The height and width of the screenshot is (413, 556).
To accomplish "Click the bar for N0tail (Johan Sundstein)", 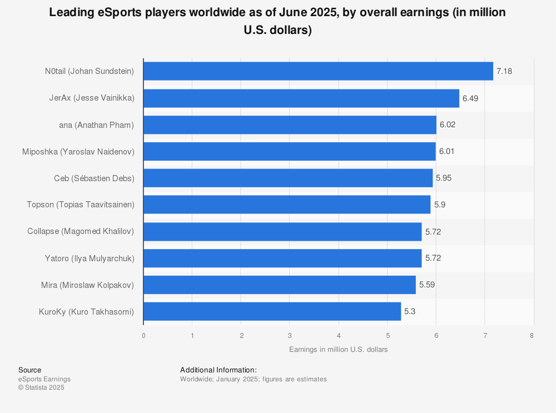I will (318, 71).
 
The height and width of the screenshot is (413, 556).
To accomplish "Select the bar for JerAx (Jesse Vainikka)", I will (301, 98).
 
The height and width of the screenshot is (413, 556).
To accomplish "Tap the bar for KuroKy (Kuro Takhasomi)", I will (272, 311).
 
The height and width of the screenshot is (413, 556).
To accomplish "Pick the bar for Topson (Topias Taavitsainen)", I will (287, 205).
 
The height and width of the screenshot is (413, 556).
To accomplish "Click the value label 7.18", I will (504, 71).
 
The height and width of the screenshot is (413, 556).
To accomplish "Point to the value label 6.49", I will (470, 98).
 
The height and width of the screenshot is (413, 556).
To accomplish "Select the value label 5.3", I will (410, 311).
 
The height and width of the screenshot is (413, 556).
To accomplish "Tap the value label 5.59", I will (427, 285).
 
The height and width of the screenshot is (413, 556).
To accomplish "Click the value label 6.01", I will (447, 151).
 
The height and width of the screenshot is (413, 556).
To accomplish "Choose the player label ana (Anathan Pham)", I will (96, 125).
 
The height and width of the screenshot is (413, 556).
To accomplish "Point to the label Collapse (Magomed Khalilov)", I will (81, 231).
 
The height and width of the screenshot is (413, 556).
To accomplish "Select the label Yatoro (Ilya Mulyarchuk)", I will (90, 258).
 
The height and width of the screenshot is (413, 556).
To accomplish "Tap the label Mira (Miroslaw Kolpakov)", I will (88, 285).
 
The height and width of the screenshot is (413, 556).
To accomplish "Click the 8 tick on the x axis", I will (532, 335).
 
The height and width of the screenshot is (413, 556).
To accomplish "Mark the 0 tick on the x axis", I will (143, 335).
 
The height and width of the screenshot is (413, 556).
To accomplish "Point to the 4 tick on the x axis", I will (339, 335).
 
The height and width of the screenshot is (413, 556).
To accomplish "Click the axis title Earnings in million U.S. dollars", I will (338, 350).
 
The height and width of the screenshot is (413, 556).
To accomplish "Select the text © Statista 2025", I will (41, 387).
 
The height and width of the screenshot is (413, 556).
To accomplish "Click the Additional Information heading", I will (219, 370).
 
